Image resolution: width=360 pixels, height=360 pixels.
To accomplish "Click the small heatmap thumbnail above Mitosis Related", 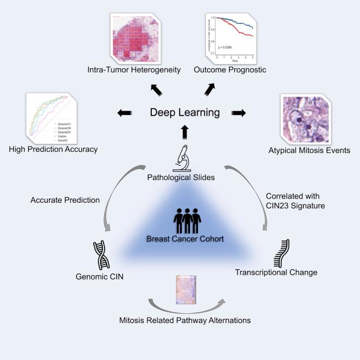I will click(185, 292).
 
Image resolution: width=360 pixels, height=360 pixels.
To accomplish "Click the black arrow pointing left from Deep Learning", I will click(124, 113).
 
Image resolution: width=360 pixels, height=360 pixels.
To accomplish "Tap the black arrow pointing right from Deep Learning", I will click(237, 113).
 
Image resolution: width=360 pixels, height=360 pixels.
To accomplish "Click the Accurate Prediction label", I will click(65, 200).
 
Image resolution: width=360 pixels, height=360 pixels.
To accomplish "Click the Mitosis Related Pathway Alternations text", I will click(185, 320).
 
